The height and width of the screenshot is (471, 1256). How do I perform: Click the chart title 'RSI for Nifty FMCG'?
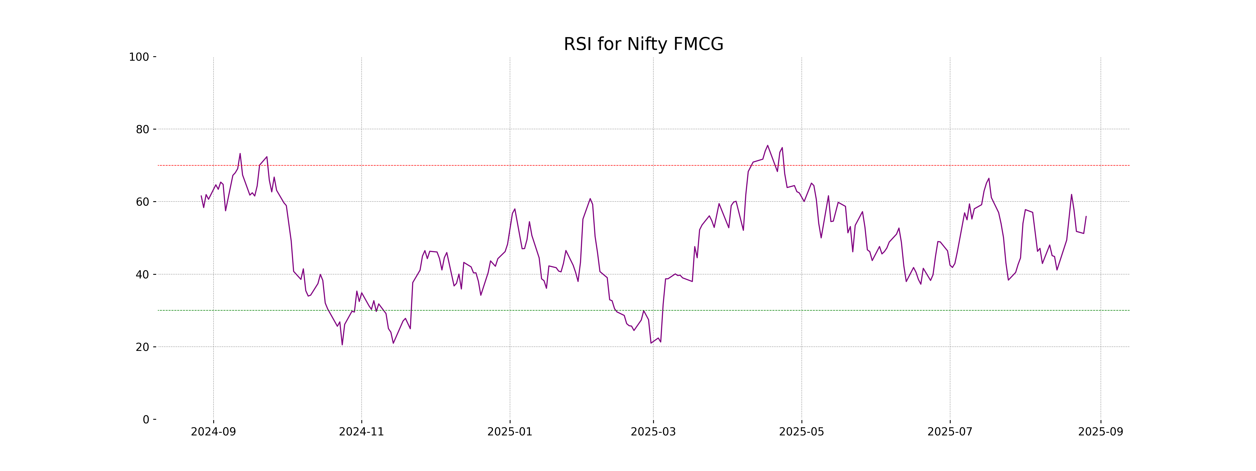click(x=643, y=44)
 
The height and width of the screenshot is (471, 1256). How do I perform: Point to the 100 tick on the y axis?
click(x=139, y=57)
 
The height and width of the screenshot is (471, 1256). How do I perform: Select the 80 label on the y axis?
click(x=142, y=130)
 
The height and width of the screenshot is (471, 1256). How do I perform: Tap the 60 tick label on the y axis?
click(x=142, y=202)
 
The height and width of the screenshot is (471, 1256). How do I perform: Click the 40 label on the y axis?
click(x=142, y=274)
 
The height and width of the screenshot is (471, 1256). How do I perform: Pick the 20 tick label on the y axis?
click(x=142, y=347)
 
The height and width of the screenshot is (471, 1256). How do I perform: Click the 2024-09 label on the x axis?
click(x=213, y=432)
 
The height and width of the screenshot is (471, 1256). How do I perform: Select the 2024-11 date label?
click(x=361, y=432)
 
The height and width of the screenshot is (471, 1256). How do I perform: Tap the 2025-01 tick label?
click(x=510, y=432)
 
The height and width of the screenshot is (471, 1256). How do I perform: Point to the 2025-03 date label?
click(x=653, y=432)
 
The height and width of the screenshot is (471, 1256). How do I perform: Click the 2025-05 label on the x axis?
click(x=801, y=432)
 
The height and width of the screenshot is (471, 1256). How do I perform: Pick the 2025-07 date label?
click(x=950, y=432)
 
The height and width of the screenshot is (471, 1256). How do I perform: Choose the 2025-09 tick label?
click(x=1101, y=432)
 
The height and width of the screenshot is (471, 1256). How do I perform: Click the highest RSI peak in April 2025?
click(x=767, y=145)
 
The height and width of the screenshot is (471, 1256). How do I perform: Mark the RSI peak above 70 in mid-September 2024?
click(x=240, y=154)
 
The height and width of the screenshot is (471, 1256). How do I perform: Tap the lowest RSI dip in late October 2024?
click(x=342, y=345)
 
